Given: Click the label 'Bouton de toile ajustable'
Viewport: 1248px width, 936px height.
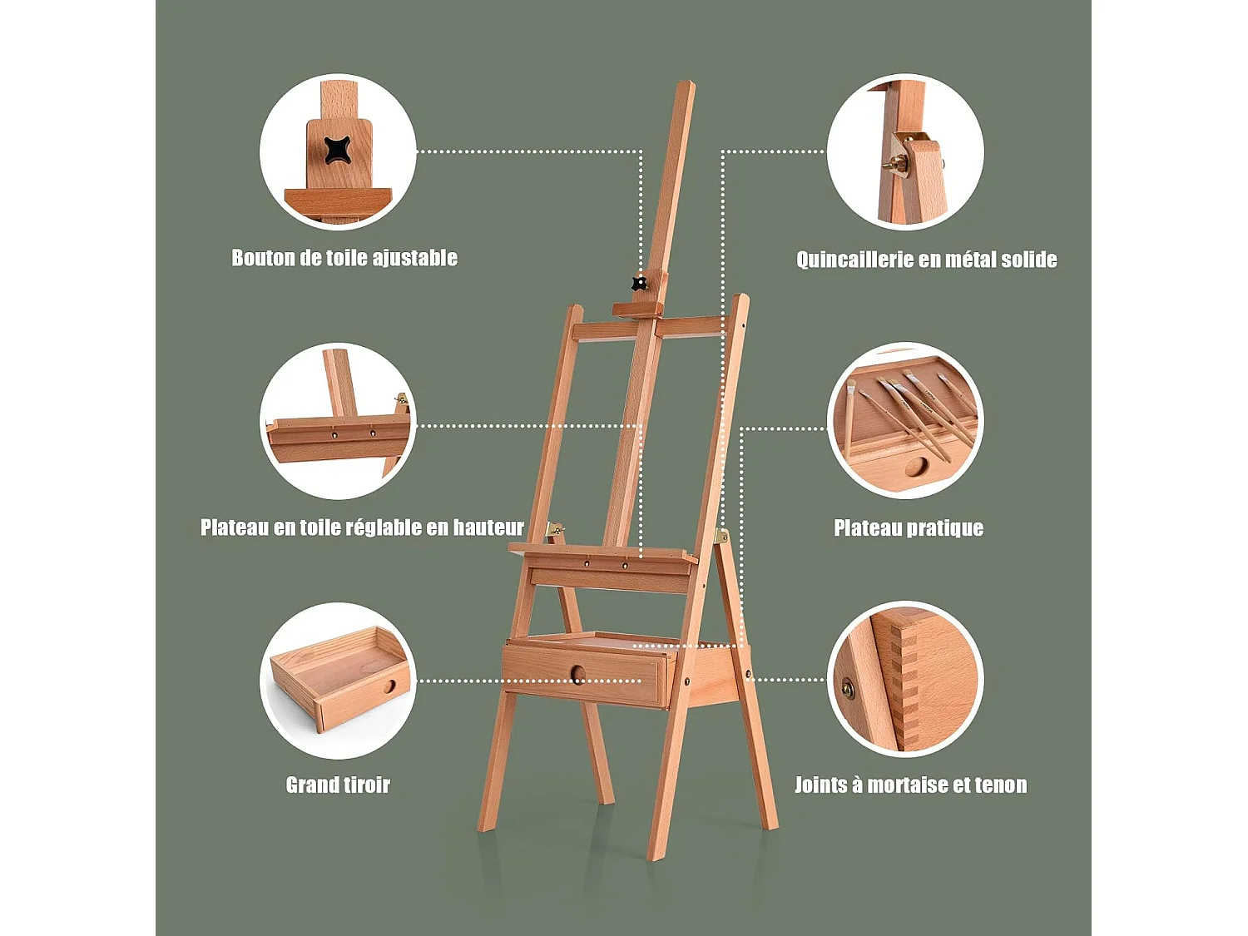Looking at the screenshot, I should point(344,258).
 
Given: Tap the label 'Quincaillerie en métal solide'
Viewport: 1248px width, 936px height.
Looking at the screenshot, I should point(926,260).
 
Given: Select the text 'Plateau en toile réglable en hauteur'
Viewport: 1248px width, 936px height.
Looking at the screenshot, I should point(362,527).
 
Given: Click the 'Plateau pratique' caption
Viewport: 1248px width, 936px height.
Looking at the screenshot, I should point(909,528).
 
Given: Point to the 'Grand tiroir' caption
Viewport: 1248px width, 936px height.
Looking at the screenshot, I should point(338,785).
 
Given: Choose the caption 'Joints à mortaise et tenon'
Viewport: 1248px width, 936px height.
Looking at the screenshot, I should point(910,785).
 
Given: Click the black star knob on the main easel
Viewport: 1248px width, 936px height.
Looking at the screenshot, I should point(639,284).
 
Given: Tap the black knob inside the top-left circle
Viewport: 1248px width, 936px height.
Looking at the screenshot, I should point(338,151).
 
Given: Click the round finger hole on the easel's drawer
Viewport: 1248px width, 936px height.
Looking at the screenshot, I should point(578,675).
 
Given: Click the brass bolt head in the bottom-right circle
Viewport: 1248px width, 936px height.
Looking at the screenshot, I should point(848,688).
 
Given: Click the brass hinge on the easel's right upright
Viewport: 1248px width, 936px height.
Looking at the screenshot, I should point(721,537).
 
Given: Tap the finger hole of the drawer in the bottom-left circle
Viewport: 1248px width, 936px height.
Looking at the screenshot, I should point(391,687).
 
